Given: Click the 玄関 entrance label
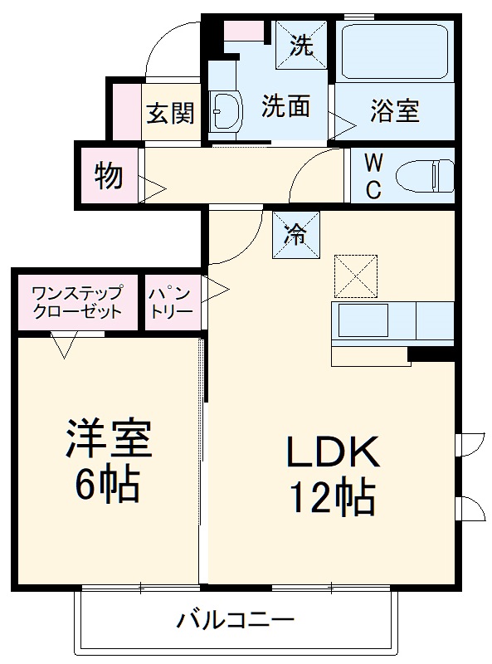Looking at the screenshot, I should click(171, 113).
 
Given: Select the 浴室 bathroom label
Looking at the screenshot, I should click(394, 110).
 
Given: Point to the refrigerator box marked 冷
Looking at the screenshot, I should click(293, 236).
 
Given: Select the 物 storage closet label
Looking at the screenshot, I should click(109, 176).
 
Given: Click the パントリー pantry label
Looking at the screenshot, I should click(170, 303).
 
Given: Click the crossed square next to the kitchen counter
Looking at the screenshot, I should click(354, 276).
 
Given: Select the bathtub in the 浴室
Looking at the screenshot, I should click(394, 52).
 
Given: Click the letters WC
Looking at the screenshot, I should click(373, 176).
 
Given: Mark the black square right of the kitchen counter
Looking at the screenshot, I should click(431, 354).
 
